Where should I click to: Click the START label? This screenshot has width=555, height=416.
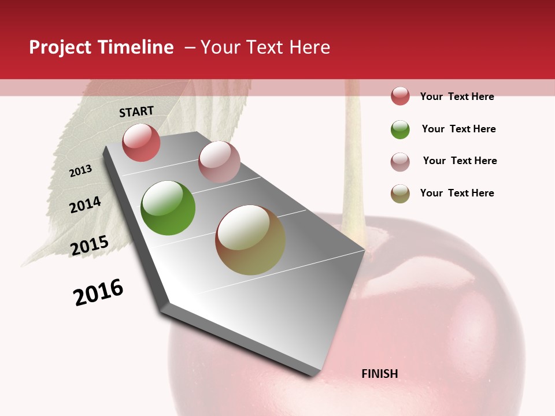coord(136,112)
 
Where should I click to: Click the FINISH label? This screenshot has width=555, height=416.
coord(379,374)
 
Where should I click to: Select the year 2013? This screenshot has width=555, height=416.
coord(80,170)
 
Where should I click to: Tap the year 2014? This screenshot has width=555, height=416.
coord(85,205)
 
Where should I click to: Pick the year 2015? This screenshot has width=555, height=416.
coord(89,246)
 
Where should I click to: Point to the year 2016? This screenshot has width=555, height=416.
coord(98,292)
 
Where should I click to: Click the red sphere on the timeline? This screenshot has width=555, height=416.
coord(141,143)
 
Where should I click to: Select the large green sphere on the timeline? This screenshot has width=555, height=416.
coord(168,208)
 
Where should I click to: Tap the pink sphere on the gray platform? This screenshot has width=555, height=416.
coord(219,162)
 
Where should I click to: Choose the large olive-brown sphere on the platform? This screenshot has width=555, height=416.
coord(250,240)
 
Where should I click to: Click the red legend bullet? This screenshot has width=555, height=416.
coord(400,96)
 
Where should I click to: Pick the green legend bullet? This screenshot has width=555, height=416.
coord(400,129)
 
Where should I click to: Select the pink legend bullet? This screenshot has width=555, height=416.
coord(400,162)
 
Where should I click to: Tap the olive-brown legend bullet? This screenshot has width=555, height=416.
coord(400,194)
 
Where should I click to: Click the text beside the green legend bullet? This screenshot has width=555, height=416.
coord(458,129)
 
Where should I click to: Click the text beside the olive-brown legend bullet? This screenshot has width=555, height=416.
coord(457,193)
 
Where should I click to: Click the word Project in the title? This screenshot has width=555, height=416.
coord(61,47)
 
